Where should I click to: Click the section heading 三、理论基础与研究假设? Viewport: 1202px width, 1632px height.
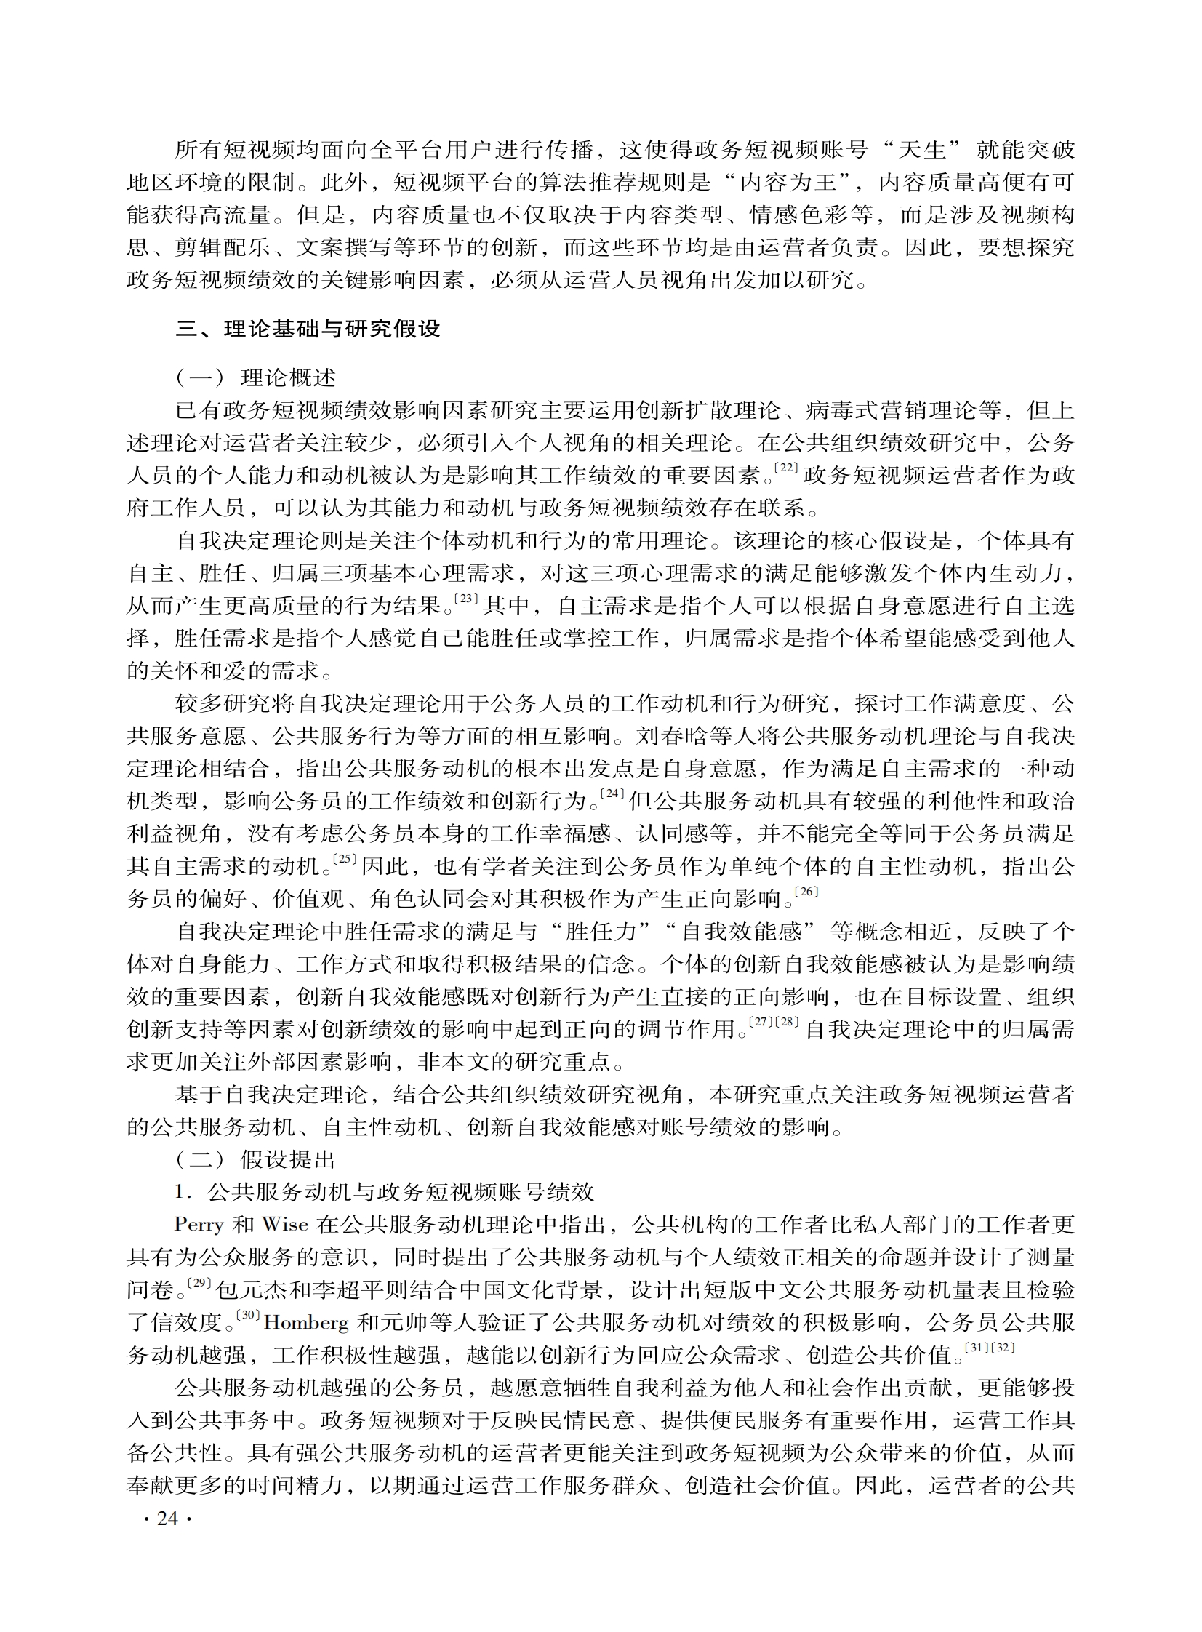pos(308,329)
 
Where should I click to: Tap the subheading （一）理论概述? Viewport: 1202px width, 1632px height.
pos(255,378)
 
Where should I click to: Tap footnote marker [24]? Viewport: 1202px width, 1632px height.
pos(614,794)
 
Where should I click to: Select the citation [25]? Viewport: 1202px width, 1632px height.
pos(344,860)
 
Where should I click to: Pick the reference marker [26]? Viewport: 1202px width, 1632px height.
pos(806,892)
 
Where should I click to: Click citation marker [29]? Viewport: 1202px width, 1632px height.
pos(199,1284)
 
